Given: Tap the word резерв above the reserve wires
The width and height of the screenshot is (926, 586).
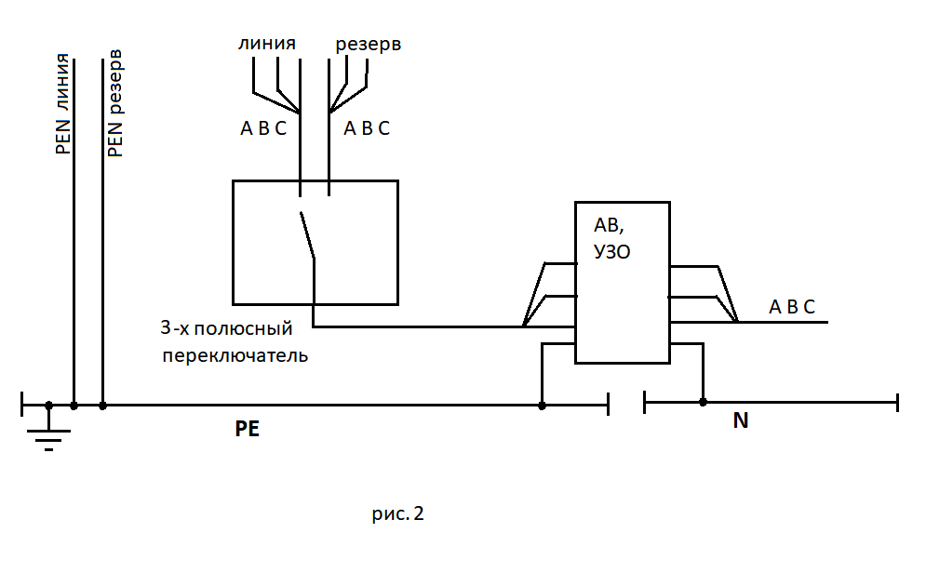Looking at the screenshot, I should coord(369,44).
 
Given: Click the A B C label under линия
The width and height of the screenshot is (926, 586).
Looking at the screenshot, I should coord(263,129).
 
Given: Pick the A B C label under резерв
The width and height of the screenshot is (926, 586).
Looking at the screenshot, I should coord(367,129).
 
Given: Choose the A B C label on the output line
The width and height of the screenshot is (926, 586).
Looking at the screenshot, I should coord(792,307).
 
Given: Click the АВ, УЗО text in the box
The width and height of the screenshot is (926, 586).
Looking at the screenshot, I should coord(611,238).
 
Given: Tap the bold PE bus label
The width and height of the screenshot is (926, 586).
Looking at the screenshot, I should coord(248,430).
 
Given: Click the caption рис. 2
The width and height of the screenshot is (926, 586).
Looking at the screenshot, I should coord(397,513).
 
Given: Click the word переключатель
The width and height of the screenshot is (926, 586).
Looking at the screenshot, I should coord(235,355).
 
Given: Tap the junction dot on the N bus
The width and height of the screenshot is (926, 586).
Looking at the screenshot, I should coord(703,402).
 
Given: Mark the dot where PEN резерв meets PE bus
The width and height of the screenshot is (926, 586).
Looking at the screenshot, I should coord(102,405).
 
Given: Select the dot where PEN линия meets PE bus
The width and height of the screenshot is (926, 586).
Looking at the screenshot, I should coord(74,405).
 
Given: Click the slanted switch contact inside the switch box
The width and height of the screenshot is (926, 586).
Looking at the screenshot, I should coord(306,235).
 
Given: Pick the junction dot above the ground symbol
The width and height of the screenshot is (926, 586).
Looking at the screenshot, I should coord(49,405).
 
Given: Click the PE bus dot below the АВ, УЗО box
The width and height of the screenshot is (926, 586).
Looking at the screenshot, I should coord(543,405).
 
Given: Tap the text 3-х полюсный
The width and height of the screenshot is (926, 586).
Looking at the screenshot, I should coord(226,328).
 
